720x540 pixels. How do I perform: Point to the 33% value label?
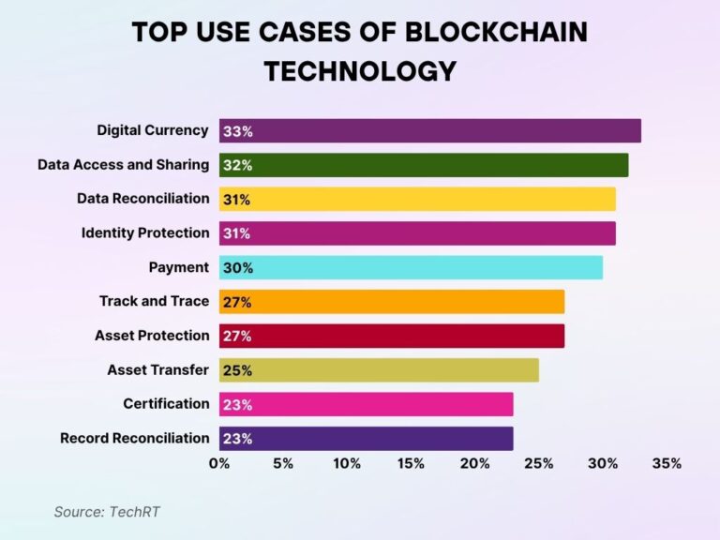click(237, 131)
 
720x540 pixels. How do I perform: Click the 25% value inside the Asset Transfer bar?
click(237, 370)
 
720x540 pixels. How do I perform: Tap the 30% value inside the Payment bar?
click(237, 267)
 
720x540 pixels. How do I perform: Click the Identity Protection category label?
click(145, 232)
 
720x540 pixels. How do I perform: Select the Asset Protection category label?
click(152, 335)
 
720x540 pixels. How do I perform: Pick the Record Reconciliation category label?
click(135, 438)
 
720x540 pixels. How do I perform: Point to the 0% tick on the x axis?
click(219, 463)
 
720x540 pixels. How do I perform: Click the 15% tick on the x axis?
click(411, 463)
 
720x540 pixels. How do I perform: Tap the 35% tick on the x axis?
click(667, 463)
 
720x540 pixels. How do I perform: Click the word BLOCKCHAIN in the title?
click(495, 32)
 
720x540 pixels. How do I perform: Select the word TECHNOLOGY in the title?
click(360, 71)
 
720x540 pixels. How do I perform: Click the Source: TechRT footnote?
click(101, 512)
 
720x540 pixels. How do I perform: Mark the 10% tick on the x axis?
click(347, 463)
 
